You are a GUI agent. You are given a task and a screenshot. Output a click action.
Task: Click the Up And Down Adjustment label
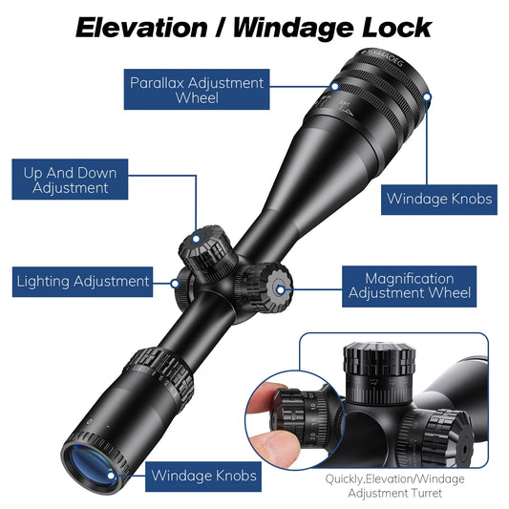70,180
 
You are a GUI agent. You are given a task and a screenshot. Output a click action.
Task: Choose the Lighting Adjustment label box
83,281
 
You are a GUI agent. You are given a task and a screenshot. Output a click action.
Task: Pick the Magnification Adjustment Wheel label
409,286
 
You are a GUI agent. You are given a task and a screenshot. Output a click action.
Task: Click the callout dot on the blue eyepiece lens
111,473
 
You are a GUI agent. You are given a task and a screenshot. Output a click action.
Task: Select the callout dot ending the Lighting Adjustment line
175,282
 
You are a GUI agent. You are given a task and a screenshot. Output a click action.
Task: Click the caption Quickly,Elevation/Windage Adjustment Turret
394,485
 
